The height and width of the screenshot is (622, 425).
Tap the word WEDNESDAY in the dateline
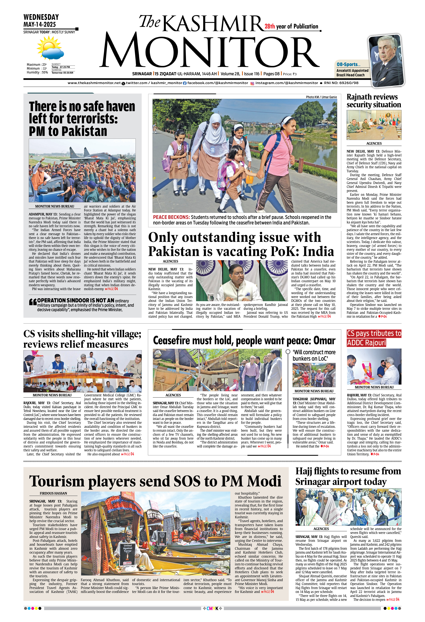point(41,17)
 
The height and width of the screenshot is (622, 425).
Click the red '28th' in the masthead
point(270,27)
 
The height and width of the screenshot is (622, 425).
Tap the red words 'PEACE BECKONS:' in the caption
point(171,217)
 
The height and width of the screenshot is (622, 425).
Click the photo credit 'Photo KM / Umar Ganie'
point(321,97)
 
